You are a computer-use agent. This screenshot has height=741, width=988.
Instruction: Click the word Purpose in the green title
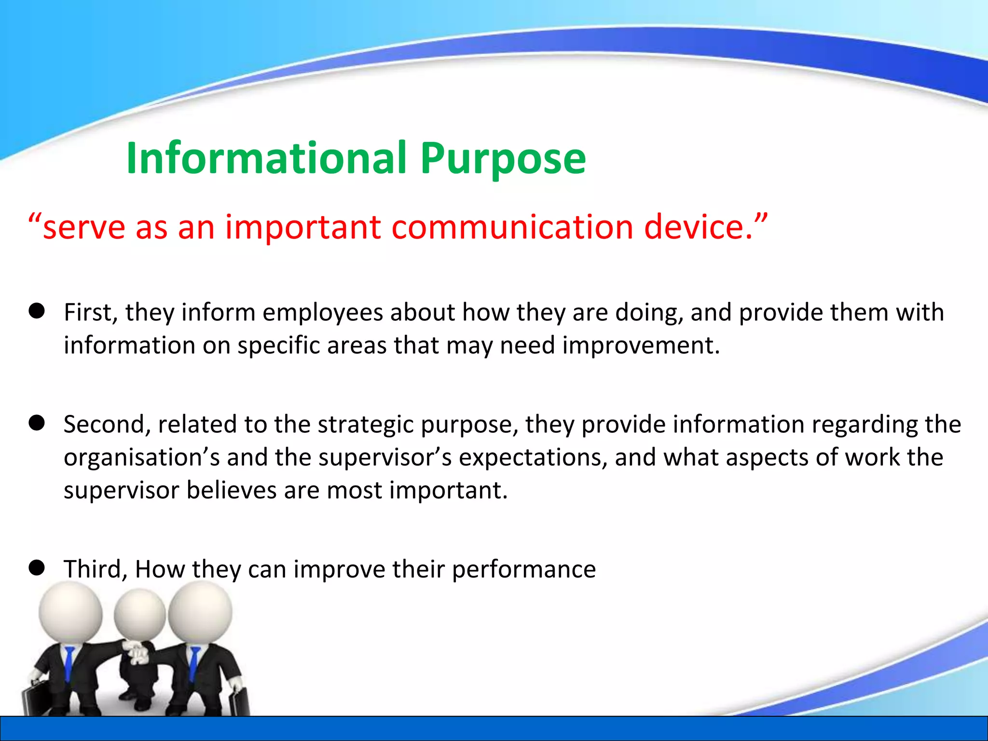point(503,159)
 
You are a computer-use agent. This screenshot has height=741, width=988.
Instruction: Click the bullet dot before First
point(37,311)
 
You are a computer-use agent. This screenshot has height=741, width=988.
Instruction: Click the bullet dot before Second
point(37,423)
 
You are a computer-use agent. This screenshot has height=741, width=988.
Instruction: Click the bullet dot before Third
point(37,568)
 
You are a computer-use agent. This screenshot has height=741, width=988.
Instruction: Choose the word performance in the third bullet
point(523,569)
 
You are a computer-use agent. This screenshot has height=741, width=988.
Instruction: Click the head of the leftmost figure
point(70,613)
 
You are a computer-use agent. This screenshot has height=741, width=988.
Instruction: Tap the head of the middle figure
point(139,615)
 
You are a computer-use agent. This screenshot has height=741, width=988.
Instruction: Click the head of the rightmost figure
point(200,612)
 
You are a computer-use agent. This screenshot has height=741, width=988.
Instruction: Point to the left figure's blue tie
point(69,661)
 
